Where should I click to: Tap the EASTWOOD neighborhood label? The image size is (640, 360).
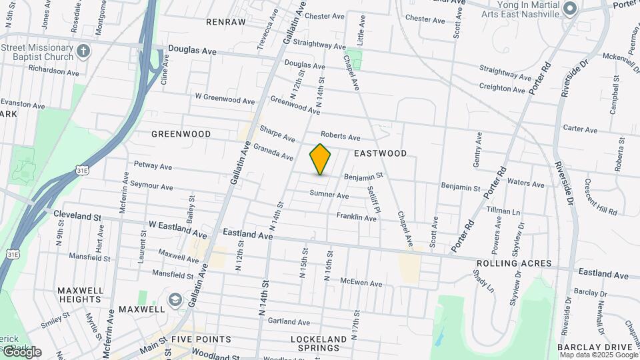[380, 153]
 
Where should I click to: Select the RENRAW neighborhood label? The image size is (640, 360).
[226, 22]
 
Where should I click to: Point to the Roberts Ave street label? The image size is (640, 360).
[340, 136]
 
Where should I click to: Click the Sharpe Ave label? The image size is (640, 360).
[277, 134]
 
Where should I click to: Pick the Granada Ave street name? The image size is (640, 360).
[273, 152]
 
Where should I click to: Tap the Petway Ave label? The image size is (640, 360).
[153, 165]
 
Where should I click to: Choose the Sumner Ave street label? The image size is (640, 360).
[329, 195]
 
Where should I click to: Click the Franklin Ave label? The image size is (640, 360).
[356, 217]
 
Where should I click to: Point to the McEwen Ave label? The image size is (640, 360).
[361, 283]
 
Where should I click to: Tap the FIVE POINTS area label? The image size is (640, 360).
[201, 339]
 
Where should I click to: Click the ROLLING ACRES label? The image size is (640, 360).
[514, 263]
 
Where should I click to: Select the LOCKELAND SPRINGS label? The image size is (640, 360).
[319, 344]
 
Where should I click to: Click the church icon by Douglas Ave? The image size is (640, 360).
[83, 51]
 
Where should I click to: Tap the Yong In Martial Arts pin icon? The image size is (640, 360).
[569, 8]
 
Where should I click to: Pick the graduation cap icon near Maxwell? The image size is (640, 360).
[175, 299]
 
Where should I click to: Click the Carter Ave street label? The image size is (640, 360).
[580, 128]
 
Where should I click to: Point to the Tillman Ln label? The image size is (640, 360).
[503, 211]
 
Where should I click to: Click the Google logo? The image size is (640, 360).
[21, 351]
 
